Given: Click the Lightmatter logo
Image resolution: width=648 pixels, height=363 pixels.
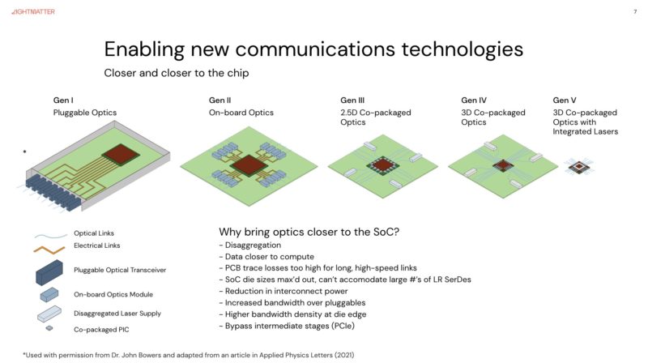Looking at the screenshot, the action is click(x=33, y=11).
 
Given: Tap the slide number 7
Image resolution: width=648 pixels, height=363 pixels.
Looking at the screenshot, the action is click(x=635, y=11).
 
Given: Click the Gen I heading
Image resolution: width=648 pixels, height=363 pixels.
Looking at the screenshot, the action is click(x=63, y=100).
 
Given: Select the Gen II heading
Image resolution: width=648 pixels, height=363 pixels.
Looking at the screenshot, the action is click(x=220, y=100).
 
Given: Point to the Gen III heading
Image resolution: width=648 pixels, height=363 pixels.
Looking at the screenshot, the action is click(x=352, y=100).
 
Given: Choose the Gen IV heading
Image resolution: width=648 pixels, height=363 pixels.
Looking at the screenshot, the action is click(x=474, y=100).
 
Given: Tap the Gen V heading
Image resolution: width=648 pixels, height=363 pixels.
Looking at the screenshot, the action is click(x=565, y=100).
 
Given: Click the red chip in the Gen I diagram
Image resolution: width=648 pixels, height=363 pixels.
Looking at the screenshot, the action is click(x=121, y=155).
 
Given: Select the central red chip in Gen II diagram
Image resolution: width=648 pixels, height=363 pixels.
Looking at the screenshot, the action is click(x=249, y=167).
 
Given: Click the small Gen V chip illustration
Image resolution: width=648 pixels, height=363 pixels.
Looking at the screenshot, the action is click(x=579, y=167).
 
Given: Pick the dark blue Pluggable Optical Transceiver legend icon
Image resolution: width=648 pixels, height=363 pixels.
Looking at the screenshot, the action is click(x=49, y=272).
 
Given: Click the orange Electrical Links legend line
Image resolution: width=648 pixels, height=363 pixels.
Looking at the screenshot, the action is click(x=49, y=250).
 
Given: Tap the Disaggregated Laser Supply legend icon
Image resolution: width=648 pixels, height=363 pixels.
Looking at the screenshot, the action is click(x=49, y=314).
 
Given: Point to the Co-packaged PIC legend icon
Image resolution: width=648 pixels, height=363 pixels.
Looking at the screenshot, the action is click(x=49, y=328).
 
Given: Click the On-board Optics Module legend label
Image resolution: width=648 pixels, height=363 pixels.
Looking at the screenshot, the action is click(x=113, y=294).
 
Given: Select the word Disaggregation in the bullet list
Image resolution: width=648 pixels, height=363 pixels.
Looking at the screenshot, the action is click(x=253, y=246).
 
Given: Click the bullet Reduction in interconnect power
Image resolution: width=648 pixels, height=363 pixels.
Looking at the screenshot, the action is click(x=283, y=291).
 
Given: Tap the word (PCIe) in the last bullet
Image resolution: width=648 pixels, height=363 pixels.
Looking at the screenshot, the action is click(x=342, y=326).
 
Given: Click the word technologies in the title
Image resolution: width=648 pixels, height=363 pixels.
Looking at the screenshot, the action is click(x=463, y=49).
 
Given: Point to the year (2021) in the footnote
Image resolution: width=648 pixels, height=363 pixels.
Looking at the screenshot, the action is click(x=344, y=355).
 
